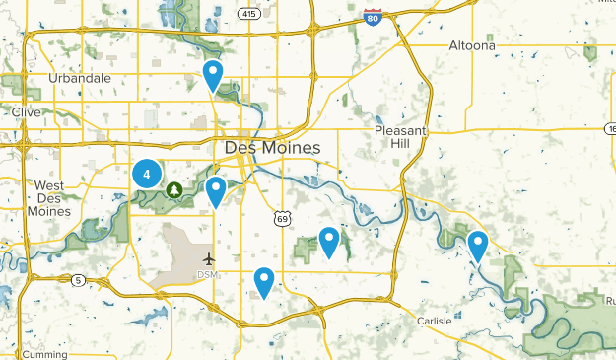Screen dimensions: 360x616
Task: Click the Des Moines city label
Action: point(272,148)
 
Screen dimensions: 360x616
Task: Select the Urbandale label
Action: point(80,78)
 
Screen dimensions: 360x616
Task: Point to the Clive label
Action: point(26,112)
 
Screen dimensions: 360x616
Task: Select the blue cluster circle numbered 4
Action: point(147,175)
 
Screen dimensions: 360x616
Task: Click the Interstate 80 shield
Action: point(372,16)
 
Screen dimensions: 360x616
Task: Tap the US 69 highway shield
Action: point(282,217)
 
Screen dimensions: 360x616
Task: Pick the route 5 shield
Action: point(79,281)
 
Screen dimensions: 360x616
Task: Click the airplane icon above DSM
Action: point(208,258)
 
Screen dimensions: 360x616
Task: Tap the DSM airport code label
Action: point(207,274)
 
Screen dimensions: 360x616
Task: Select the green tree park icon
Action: point(174,189)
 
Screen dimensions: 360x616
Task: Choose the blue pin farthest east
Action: point(478,245)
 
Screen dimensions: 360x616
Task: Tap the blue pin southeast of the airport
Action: point(263,282)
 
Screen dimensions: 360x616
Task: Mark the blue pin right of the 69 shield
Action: point(329,241)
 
